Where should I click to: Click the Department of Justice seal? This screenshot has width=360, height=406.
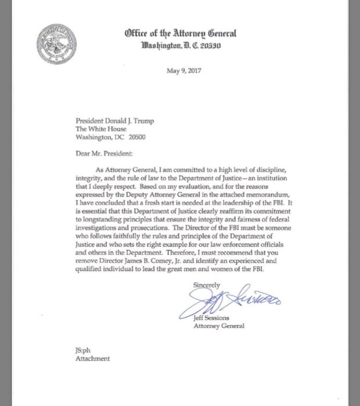click(57, 44)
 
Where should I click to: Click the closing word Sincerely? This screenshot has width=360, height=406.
click(207, 285)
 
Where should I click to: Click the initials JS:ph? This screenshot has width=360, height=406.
click(84, 350)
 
